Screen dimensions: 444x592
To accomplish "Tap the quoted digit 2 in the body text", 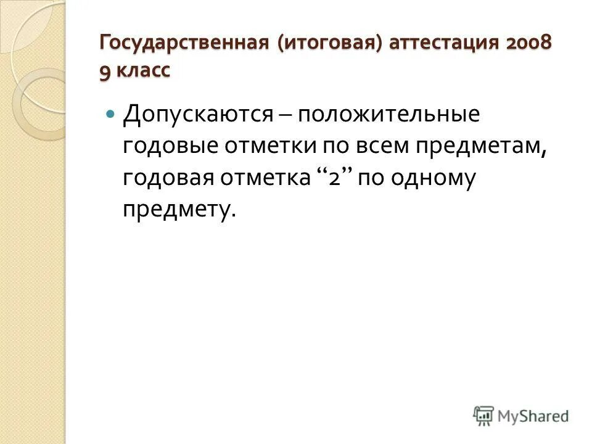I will pos(333,179).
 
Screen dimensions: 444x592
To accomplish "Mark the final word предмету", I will pos(179,212).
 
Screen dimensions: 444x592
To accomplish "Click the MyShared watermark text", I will pos(534,416).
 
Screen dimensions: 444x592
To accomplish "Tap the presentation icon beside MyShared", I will pos(483,416).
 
